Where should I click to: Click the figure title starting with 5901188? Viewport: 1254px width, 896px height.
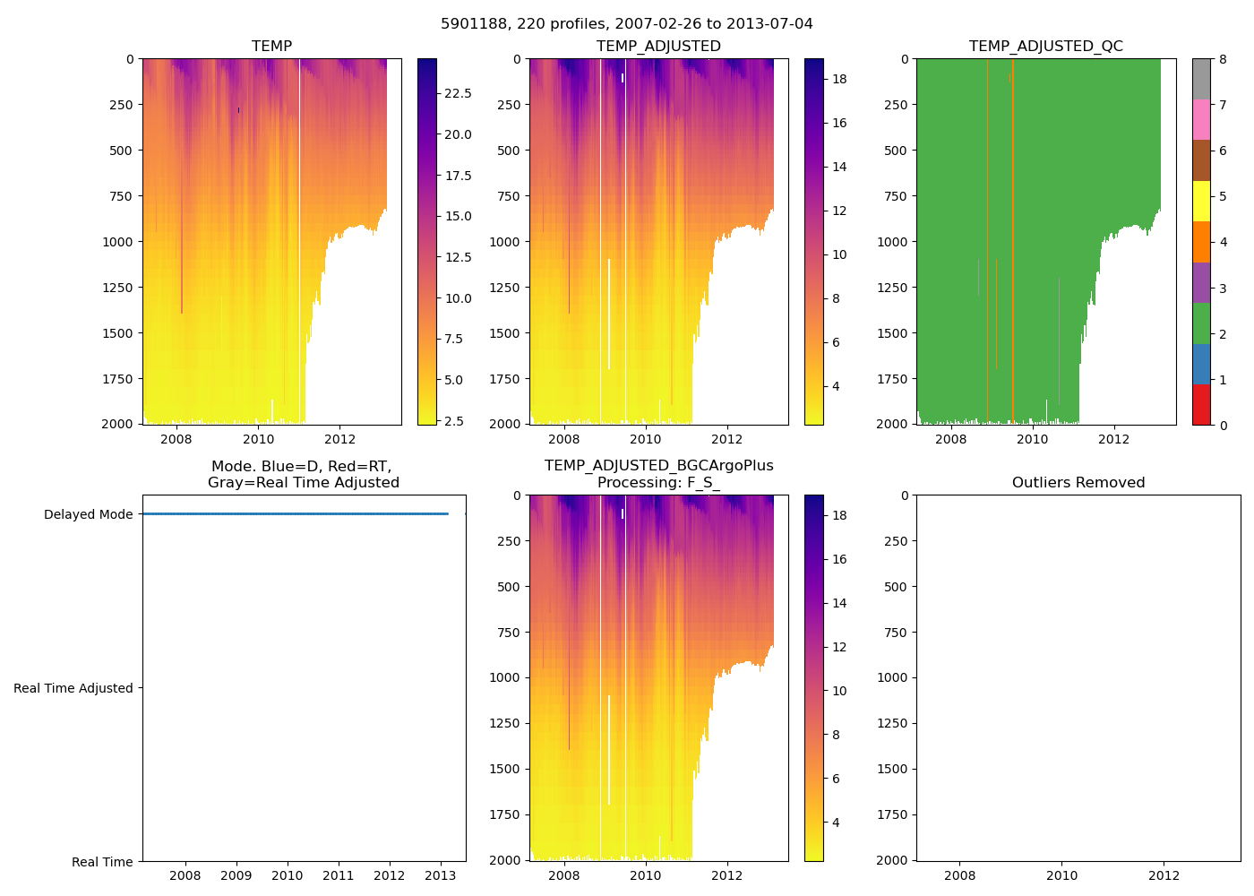click(626, 24)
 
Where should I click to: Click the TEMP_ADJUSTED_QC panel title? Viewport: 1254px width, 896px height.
click(1045, 46)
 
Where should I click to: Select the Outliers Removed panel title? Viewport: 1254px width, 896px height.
click(1078, 482)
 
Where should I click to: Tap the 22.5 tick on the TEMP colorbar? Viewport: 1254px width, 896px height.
click(458, 93)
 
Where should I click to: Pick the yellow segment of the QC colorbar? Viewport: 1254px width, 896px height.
click(1201, 201)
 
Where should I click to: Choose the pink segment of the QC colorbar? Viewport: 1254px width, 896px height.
click(1201, 119)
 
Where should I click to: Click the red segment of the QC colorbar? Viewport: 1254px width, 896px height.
click(1201, 404)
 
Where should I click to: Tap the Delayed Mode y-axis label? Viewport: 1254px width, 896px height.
click(88, 514)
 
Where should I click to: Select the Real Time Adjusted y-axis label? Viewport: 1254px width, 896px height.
click(73, 688)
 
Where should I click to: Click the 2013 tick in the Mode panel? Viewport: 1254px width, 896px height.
click(441, 875)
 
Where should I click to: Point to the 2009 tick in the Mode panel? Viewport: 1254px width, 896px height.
click(236, 875)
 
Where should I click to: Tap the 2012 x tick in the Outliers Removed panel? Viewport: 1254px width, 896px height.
click(1164, 875)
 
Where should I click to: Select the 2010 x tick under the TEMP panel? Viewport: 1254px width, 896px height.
click(258, 439)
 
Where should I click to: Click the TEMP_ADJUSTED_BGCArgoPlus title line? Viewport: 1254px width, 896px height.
click(658, 466)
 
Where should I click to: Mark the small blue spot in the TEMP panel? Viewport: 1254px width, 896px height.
click(238, 110)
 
